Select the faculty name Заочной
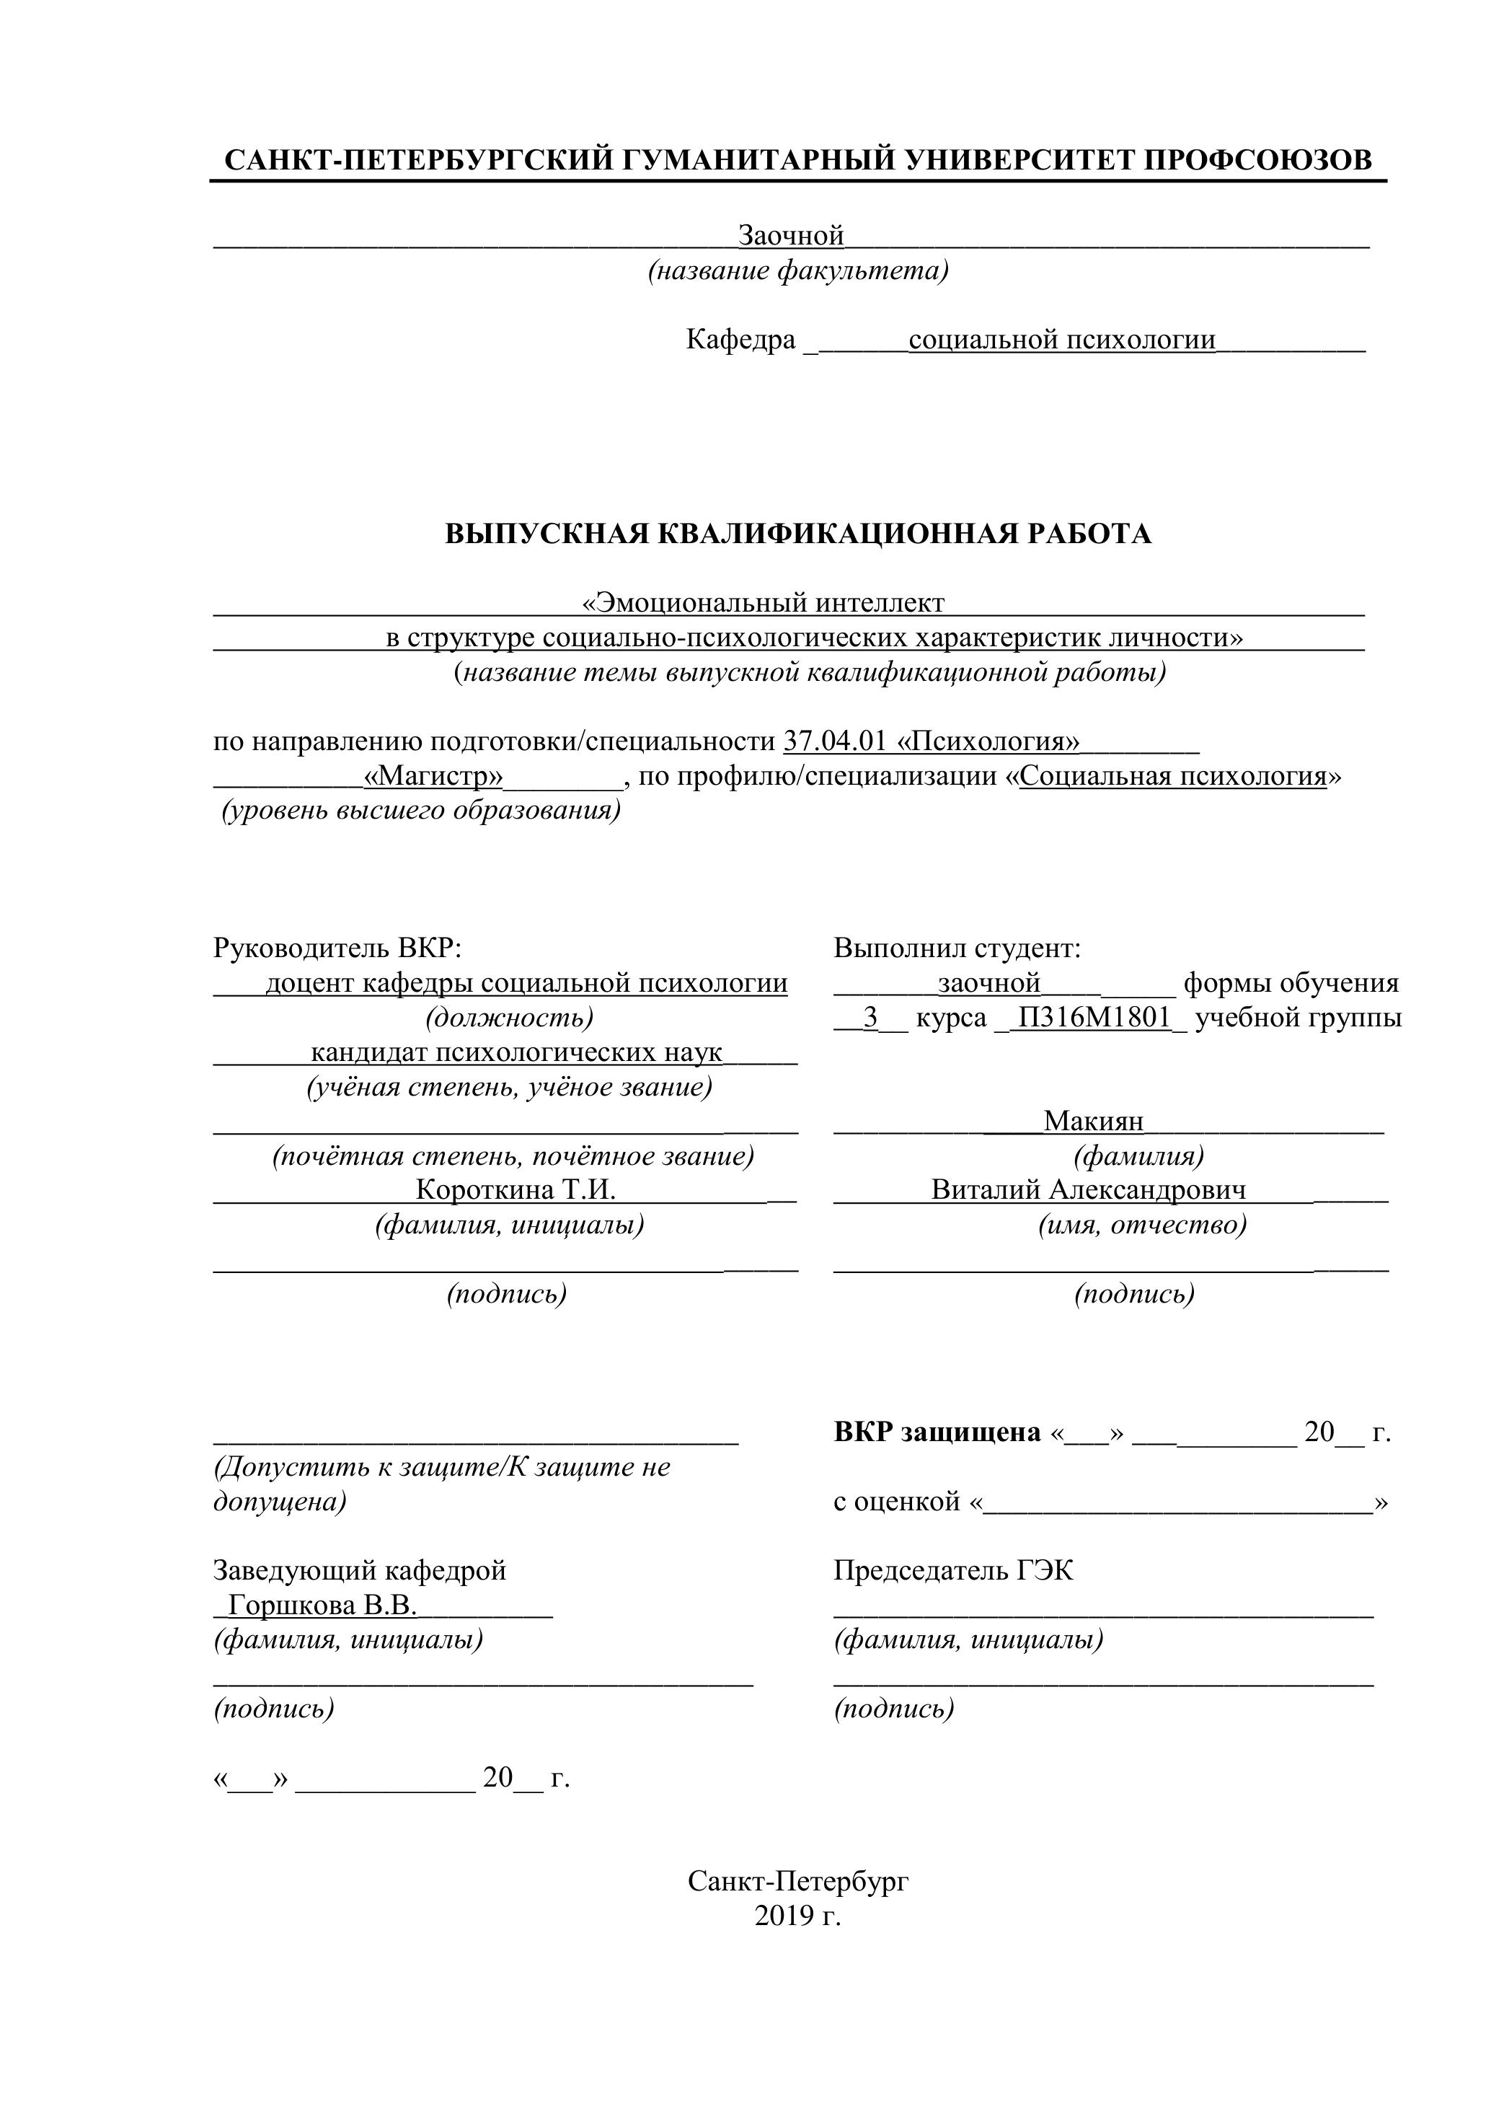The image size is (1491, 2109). click(792, 236)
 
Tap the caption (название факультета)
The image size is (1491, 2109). click(798, 271)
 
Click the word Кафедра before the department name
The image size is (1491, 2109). click(740, 340)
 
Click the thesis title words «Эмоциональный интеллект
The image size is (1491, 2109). click(763, 604)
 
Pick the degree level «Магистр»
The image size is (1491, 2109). click(433, 776)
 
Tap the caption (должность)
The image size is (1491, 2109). click(508, 1018)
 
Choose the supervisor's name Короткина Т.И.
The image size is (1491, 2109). click(515, 1190)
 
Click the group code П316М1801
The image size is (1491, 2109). click(1094, 1018)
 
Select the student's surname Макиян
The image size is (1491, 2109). click(1094, 1121)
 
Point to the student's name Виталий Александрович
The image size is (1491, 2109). click(1089, 1190)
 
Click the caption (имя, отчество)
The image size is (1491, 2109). click(1142, 1225)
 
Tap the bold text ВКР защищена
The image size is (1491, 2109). click(937, 1432)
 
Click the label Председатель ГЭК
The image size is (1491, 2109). click(953, 1571)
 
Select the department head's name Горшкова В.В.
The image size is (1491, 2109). click(322, 1606)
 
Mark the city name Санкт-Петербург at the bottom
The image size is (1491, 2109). click(798, 1881)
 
